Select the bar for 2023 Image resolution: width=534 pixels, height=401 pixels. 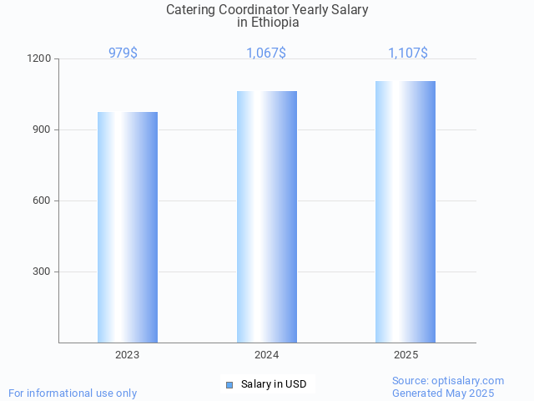tap(128, 227)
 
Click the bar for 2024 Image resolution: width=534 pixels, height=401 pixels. tap(267, 216)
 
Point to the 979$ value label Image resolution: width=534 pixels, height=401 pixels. tap(123, 53)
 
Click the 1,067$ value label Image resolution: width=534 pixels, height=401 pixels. tap(266, 53)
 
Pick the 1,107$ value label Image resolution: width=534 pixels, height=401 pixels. tap(408, 53)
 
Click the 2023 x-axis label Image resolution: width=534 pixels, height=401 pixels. tap(128, 355)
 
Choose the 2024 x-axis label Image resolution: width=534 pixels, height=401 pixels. tap(267, 355)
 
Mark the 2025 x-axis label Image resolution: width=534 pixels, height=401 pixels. tap(406, 355)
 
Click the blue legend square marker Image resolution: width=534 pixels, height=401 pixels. tap(229, 384)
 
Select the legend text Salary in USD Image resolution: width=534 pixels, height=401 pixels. tap(274, 384)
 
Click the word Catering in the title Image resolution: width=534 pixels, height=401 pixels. tap(190, 10)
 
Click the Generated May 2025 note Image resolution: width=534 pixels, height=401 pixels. tap(443, 393)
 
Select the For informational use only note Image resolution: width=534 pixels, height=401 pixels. tap(73, 393)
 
